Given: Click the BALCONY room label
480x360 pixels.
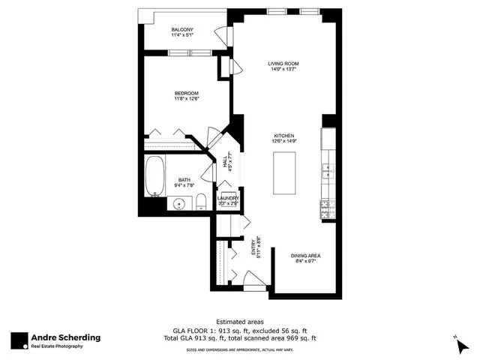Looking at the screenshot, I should point(182,30).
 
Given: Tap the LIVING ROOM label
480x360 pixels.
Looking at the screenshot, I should point(284,64).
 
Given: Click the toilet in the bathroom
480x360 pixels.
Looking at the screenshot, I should point(202,200).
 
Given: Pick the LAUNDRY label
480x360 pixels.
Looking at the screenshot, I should point(228,199).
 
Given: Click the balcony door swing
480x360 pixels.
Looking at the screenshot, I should point(222,36).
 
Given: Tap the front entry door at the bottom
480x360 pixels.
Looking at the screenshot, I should point(254,283).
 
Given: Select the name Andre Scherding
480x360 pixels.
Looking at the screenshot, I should point(65,337).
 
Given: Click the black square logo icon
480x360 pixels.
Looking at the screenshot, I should point(19,340).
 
